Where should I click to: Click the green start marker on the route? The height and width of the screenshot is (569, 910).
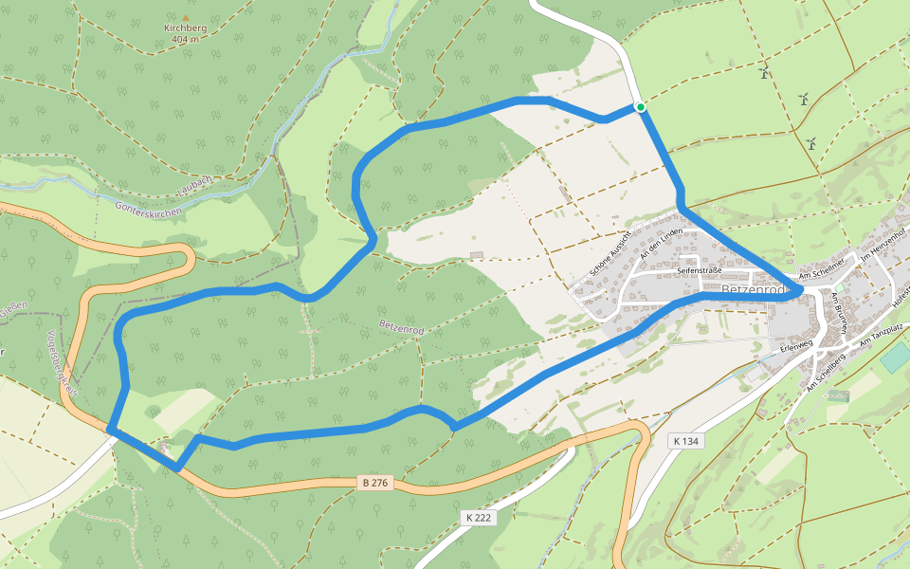[641, 107]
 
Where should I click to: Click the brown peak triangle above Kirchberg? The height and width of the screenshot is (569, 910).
[185, 17]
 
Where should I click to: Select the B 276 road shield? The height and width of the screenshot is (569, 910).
[375, 483]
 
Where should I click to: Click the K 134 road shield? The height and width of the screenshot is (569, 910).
[685, 441]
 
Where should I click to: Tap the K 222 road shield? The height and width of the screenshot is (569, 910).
[480, 518]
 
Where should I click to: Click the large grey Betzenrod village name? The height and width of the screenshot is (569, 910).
[755, 289]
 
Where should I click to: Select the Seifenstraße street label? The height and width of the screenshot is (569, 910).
[700, 270]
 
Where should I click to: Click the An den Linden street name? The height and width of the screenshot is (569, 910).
[661, 244]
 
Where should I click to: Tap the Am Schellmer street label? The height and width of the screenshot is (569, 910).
[822, 273]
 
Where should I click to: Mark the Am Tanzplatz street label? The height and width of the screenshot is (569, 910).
[883, 335]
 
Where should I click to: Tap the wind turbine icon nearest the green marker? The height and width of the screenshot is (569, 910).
[762, 72]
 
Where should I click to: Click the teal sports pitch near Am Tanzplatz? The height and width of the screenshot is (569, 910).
[894, 358]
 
